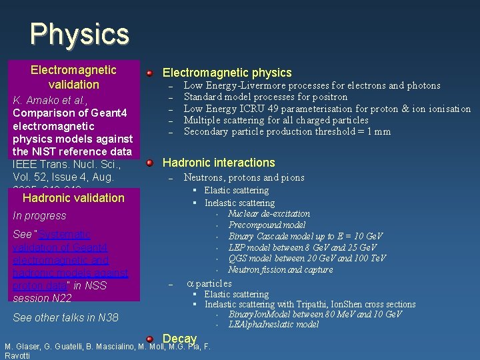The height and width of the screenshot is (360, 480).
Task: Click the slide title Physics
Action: coord(79,33)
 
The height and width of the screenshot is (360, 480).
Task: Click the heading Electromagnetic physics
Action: coord(227,73)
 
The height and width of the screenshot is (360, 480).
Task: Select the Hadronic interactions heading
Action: coord(219,163)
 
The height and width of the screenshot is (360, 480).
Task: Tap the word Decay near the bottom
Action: coord(180,339)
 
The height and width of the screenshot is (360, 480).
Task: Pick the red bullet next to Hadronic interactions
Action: coord(151,163)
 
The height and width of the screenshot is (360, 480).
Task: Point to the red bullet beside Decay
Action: coord(151,339)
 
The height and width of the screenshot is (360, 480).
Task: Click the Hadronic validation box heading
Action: coord(73,197)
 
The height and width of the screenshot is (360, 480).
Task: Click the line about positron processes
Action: coord(265,97)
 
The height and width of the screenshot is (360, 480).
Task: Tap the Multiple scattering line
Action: coord(276,120)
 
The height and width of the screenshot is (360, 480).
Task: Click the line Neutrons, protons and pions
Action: coord(244,177)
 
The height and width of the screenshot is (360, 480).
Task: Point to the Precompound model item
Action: coord(267,225)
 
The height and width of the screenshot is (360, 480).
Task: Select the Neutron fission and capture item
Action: coord(281,270)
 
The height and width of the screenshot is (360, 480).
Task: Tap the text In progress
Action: coord(39,216)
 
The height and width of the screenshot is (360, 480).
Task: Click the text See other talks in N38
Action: coord(65,317)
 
